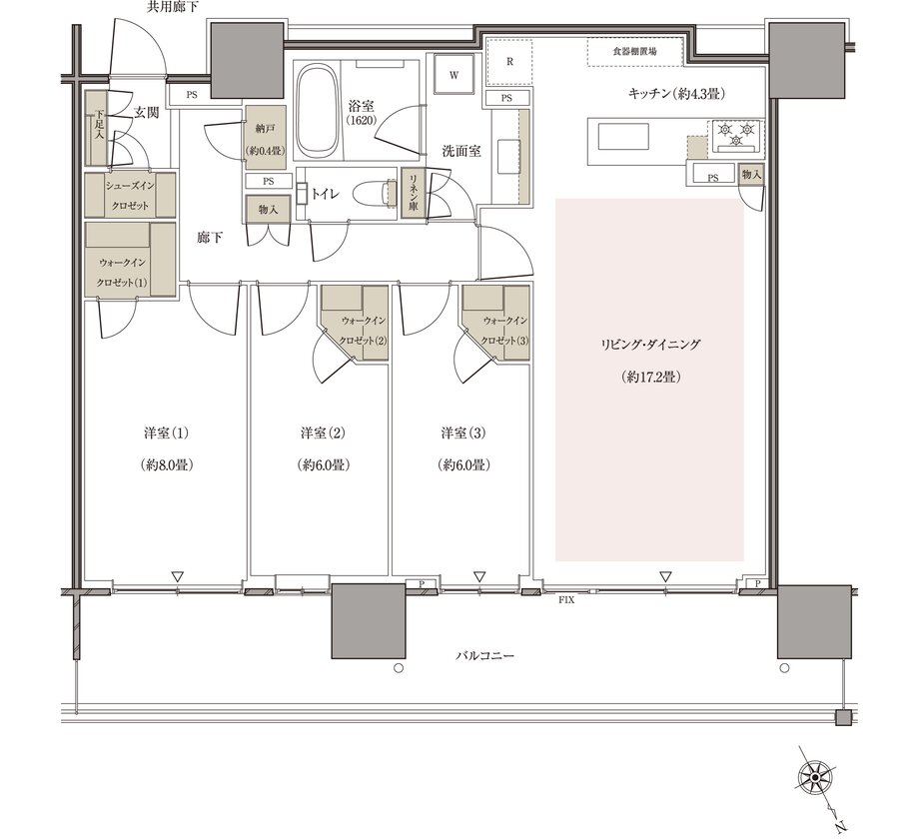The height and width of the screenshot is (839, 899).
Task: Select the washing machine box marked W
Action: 454,74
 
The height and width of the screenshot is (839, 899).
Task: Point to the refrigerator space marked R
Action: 509,61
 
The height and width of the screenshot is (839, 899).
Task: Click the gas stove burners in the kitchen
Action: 737,136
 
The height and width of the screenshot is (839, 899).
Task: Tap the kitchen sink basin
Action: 623,137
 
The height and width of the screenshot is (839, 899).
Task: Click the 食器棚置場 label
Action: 634,51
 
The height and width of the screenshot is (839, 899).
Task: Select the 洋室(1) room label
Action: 166,432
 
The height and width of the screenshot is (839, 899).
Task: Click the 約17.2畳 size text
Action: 650,377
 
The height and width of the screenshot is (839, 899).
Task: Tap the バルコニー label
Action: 485,655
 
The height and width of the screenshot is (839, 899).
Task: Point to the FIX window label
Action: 566,600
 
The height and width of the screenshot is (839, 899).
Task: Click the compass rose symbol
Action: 815,777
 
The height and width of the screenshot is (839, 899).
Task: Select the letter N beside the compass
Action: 840,826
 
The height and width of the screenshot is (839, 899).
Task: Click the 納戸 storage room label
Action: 266,129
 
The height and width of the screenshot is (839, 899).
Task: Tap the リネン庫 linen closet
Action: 413,192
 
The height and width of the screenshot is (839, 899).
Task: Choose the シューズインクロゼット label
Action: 130,196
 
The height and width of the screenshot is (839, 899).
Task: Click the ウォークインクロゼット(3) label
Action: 504,331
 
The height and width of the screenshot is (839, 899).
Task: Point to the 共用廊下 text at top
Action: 173,7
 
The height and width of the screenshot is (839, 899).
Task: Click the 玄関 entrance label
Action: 146,113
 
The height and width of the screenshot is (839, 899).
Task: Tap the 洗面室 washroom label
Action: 460,152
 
